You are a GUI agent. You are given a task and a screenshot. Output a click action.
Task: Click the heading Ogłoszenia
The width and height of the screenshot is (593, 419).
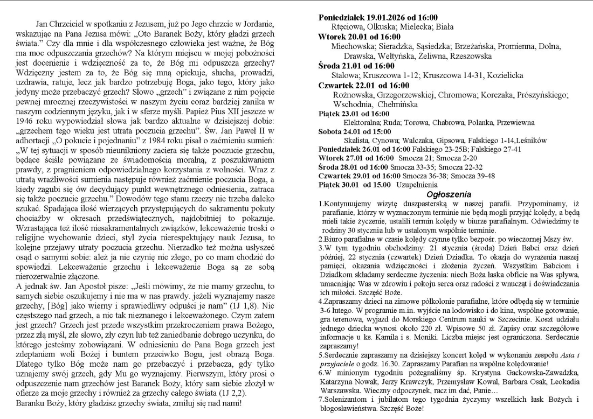pos(449,194)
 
